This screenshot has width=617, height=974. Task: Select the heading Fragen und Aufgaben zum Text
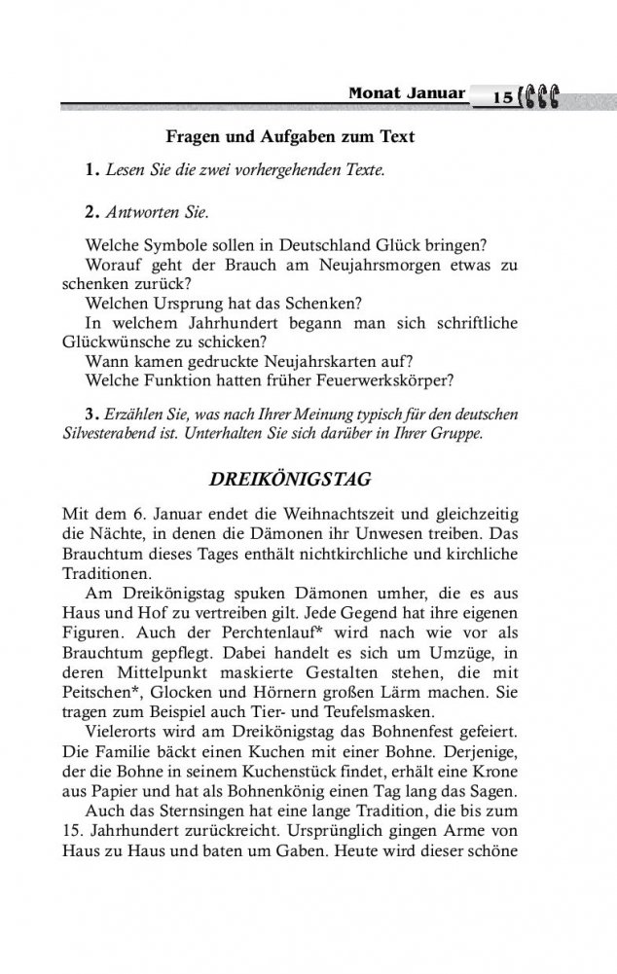[x=290, y=137]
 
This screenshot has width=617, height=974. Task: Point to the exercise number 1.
[x=93, y=171]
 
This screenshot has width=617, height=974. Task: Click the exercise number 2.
[x=93, y=210]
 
